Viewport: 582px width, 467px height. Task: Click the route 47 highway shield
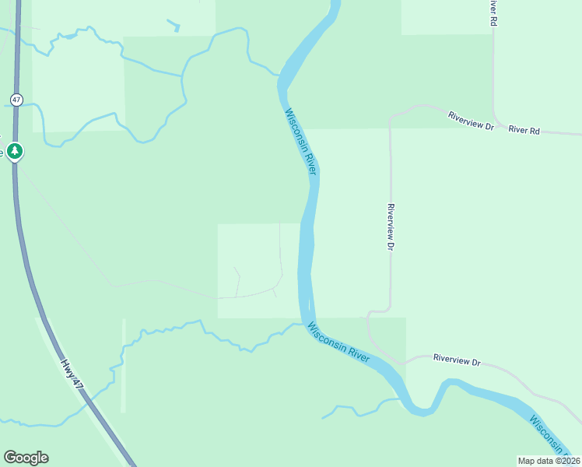click(16, 99)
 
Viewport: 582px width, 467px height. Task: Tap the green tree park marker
click(14, 150)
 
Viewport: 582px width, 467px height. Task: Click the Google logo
click(26, 458)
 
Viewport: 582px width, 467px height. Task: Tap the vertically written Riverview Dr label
click(391, 226)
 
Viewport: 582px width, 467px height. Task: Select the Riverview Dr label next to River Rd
click(472, 121)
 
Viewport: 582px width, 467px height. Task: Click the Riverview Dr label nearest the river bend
click(458, 361)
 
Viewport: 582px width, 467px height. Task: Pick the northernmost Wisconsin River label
click(301, 142)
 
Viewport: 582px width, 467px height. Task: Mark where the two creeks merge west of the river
click(183, 76)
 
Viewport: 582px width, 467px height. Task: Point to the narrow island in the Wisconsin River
click(309, 305)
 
